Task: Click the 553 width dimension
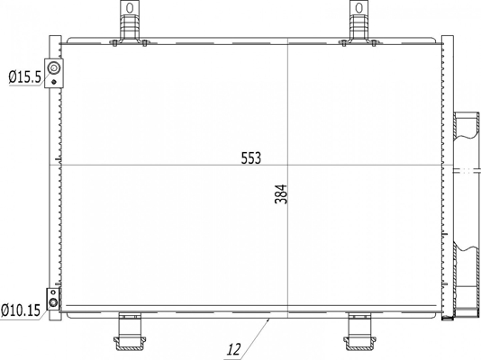(251, 158)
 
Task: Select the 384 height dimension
(281, 194)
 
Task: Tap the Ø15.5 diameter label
(24, 76)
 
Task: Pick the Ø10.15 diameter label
(21, 310)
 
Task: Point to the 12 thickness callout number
(234, 349)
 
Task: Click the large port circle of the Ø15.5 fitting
(54, 67)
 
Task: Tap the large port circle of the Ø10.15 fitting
(53, 303)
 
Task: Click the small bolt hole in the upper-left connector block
(54, 82)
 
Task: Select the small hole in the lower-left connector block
(53, 292)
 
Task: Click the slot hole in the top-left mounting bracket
(130, 8)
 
